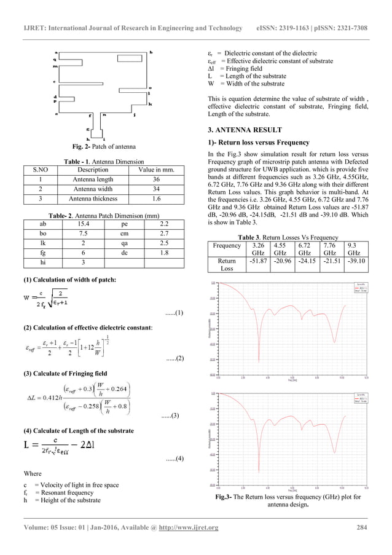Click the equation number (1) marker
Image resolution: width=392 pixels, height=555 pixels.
pyautogui.click(x=174, y=313)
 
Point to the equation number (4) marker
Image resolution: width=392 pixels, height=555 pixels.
pyautogui.click(x=174, y=459)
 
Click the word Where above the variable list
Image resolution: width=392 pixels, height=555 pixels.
pyautogui.click(x=32, y=474)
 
